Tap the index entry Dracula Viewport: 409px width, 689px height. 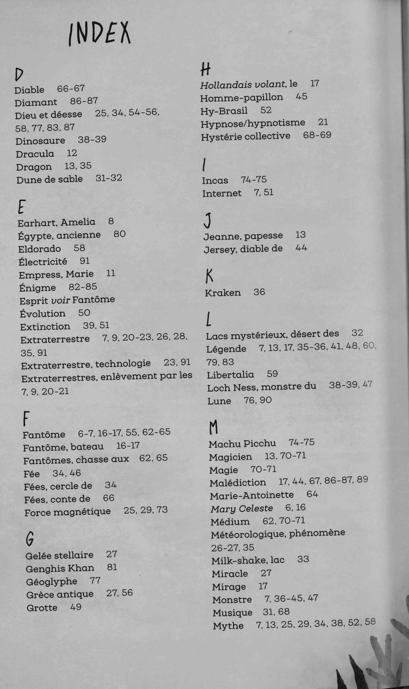click(x=35, y=154)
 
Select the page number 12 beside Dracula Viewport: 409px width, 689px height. click(x=72, y=153)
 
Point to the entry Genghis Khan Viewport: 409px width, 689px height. click(x=60, y=568)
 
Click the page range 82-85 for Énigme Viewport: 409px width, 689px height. click(x=83, y=287)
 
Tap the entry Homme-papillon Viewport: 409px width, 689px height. click(x=241, y=98)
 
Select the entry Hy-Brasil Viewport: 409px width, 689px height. click(x=224, y=111)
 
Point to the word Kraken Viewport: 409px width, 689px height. click(x=223, y=293)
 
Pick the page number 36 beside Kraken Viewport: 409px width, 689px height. click(x=259, y=292)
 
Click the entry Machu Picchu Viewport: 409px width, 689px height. click(x=242, y=444)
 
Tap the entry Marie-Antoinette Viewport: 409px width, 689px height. click(x=252, y=496)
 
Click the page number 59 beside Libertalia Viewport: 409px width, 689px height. click(x=272, y=374)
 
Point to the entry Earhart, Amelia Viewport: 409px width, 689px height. click(x=56, y=222)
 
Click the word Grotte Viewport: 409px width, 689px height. click(x=42, y=608)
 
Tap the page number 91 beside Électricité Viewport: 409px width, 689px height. click(x=85, y=261)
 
